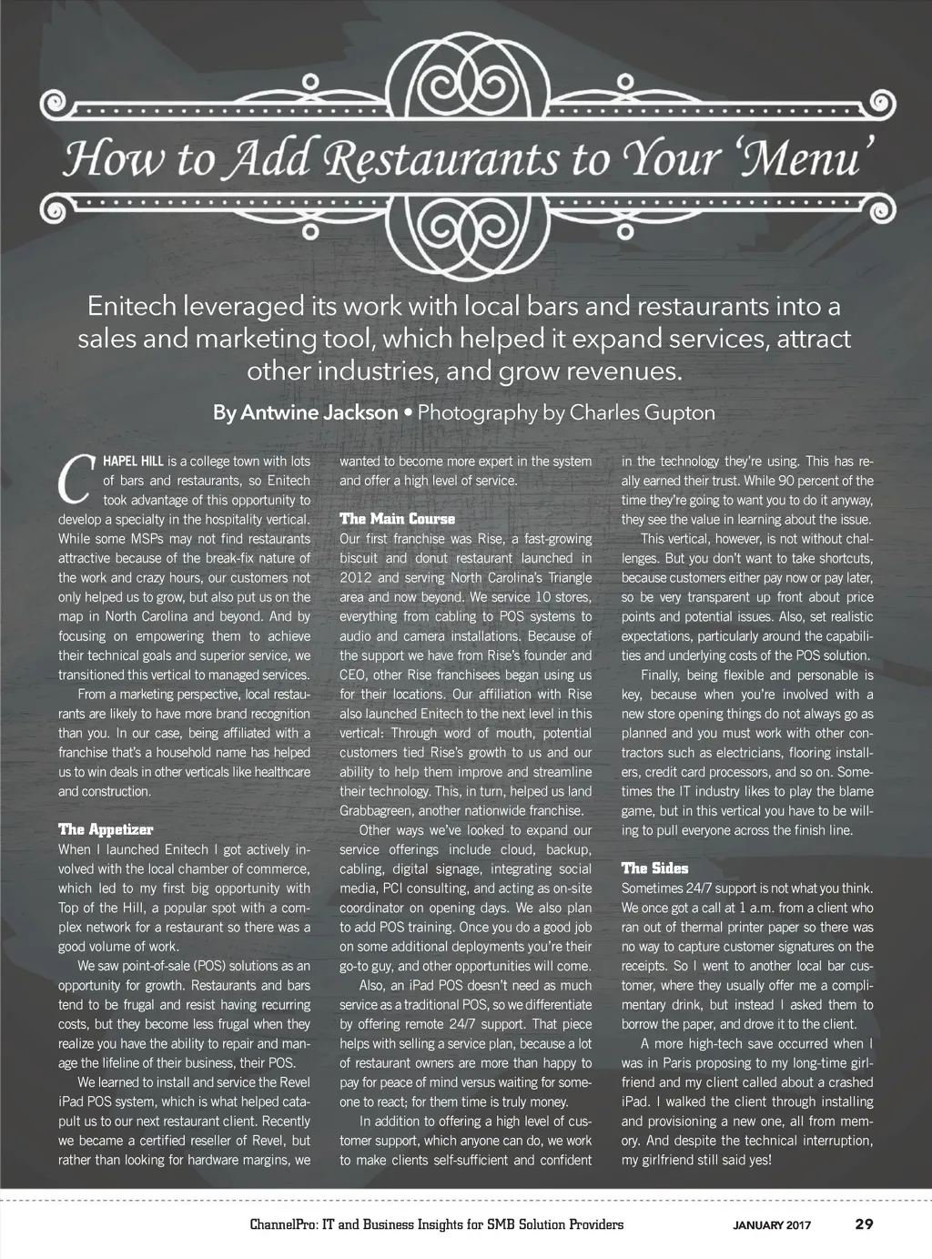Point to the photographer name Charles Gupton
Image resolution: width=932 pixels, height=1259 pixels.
[643, 412]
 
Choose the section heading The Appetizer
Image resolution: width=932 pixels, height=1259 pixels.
[106, 829]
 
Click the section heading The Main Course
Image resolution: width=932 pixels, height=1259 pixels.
[397, 519]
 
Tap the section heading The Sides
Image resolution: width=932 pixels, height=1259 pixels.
[654, 868]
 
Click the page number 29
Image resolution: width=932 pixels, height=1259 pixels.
[864, 1224]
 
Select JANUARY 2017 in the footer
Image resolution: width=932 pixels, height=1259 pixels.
[773, 1225]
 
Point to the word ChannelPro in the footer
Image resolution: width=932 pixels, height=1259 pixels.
[282, 1224]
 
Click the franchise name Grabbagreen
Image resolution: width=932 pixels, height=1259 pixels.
[380, 810]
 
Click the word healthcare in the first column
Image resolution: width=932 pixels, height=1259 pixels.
[279, 772]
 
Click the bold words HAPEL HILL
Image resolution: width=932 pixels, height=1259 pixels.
[132, 461]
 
